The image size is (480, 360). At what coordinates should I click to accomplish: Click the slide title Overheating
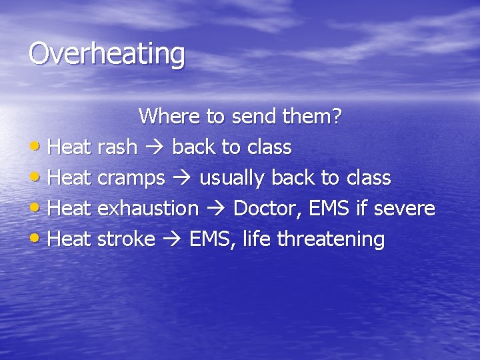click(x=107, y=54)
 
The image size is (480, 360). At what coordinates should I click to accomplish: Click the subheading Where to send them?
click(x=240, y=117)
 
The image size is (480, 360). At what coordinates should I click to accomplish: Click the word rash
click(x=117, y=147)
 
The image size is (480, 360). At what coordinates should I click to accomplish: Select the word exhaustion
click(x=148, y=209)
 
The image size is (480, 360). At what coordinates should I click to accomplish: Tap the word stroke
click(x=126, y=239)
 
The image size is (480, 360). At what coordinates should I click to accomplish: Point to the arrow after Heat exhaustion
click(x=216, y=209)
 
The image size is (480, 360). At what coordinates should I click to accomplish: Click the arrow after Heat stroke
click(x=172, y=240)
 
